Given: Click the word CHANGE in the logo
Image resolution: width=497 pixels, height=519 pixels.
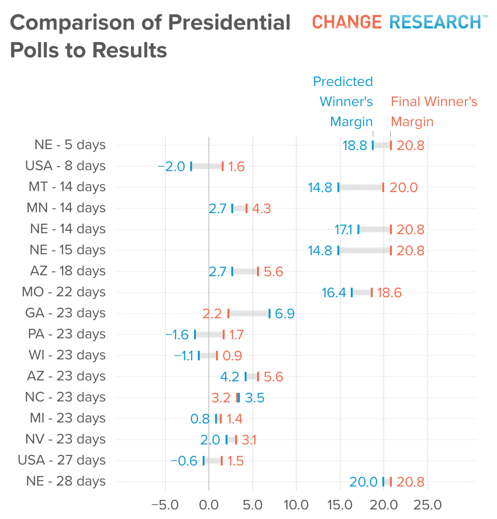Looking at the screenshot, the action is click(347, 22).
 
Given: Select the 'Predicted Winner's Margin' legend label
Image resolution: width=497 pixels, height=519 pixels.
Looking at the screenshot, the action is click(343, 102).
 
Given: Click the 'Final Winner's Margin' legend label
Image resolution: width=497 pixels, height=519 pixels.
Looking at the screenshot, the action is click(434, 111).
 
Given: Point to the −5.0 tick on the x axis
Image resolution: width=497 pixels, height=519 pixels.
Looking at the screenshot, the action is click(165, 505).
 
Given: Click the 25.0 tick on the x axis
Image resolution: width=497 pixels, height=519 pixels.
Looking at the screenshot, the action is click(428, 505).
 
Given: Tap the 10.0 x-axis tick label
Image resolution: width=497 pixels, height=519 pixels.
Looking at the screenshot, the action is click(296, 505).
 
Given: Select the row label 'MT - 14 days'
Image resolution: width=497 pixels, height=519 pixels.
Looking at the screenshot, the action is click(67, 187).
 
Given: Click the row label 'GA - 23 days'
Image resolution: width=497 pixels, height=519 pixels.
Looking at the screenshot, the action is click(65, 313).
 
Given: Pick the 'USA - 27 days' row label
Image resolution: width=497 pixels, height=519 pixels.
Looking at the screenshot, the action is click(62, 460).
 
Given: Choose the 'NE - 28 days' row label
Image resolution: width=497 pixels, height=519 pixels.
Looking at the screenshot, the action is click(66, 481).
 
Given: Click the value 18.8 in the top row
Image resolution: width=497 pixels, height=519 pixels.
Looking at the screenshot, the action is click(355, 146).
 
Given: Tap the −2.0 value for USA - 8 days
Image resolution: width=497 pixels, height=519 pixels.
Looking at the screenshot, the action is click(172, 166).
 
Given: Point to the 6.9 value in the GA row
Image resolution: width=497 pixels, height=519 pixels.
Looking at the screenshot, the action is click(285, 314).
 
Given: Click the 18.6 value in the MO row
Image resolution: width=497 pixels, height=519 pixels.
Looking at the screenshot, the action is click(389, 292).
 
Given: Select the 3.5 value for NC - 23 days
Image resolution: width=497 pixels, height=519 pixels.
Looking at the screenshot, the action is click(255, 398).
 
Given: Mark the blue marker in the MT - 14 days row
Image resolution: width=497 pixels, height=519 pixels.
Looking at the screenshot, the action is click(338, 187).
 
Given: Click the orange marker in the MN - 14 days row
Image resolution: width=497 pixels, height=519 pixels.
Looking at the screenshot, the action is click(247, 208).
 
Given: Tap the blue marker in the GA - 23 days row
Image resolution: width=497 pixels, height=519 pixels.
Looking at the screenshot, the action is click(270, 314).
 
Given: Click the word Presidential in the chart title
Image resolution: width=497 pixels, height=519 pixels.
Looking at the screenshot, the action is click(229, 22).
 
